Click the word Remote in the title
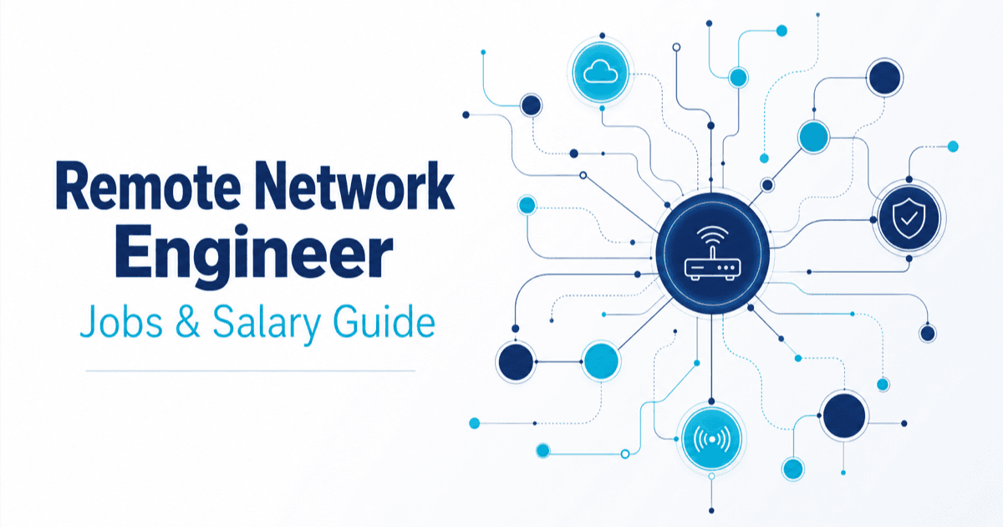click(149, 186)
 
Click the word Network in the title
click(355, 186)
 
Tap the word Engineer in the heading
click(254, 253)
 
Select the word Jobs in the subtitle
click(121, 321)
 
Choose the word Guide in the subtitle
click(384, 321)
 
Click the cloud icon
click(601, 72)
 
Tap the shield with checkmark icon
click(909, 218)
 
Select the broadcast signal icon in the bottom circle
click(711, 439)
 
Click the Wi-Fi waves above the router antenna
click(713, 235)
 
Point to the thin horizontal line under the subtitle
click(250, 371)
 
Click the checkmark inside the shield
click(909, 218)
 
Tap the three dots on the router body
click(726, 268)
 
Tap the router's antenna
click(713, 253)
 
